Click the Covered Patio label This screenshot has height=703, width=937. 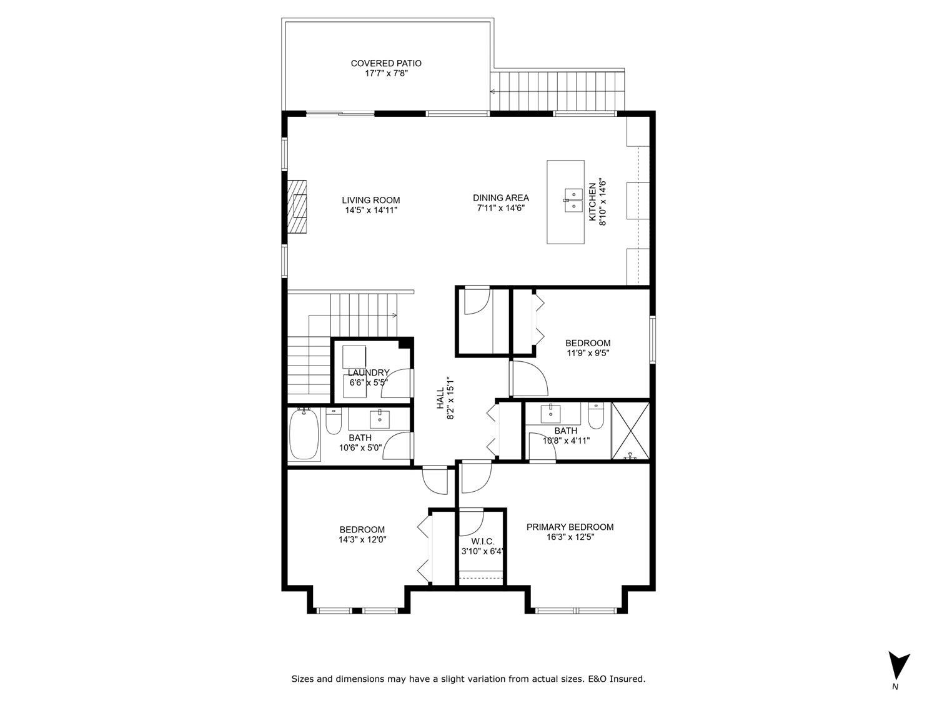[x=385, y=63]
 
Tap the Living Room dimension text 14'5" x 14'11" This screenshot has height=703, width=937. [x=371, y=211]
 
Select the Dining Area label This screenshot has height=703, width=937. [x=500, y=198]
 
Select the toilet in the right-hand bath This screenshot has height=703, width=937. [x=595, y=416]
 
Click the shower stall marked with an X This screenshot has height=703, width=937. [x=630, y=431]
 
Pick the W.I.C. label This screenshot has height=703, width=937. [x=482, y=541]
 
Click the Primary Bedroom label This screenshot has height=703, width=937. [x=570, y=527]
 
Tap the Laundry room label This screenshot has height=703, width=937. [x=369, y=373]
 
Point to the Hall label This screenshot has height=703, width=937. [x=440, y=398]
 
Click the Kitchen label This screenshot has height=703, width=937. [x=593, y=202]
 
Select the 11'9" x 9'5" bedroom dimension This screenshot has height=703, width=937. [x=587, y=352]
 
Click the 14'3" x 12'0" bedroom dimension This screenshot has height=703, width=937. [x=362, y=539]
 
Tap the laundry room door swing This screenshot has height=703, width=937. [x=398, y=384]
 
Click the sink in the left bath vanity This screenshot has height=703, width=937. [x=379, y=417]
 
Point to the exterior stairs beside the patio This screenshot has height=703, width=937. [x=557, y=91]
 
